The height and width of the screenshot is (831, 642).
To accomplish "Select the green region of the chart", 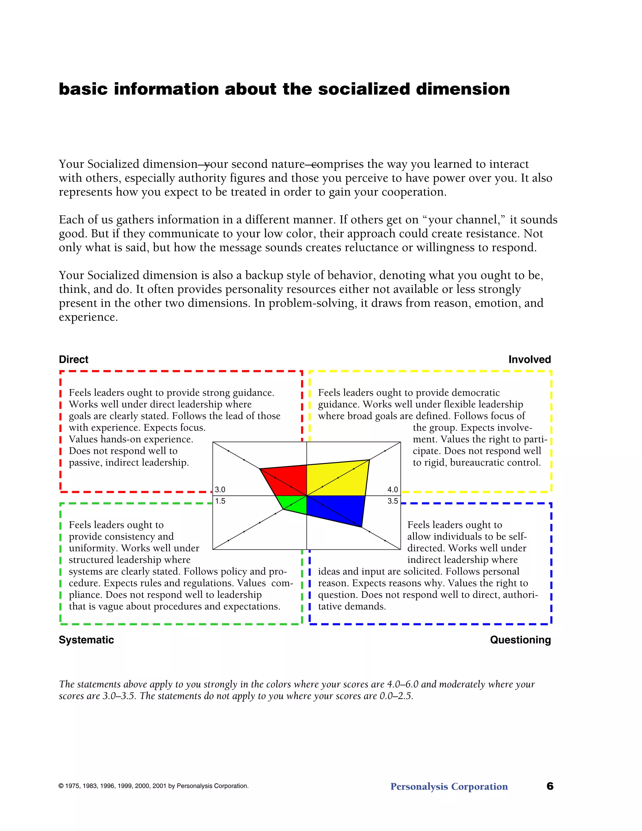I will (295, 504).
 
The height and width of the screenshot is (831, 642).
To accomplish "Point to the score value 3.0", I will (220, 490).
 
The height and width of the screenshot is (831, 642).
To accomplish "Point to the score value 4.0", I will (392, 490).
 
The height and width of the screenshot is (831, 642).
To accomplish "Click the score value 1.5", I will (220, 501).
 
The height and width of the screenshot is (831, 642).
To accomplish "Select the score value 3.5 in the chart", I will (392, 501).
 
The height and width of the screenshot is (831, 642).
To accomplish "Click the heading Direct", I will (73, 360).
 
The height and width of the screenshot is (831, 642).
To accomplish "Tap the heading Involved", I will (529, 360).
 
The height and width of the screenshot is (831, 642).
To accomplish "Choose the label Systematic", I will (86, 640).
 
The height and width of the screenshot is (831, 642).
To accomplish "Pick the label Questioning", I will (520, 640).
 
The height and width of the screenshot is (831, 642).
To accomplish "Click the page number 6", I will (550, 786).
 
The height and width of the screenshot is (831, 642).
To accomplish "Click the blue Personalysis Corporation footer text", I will (449, 786).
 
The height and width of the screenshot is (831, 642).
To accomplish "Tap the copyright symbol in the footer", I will (61, 786).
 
